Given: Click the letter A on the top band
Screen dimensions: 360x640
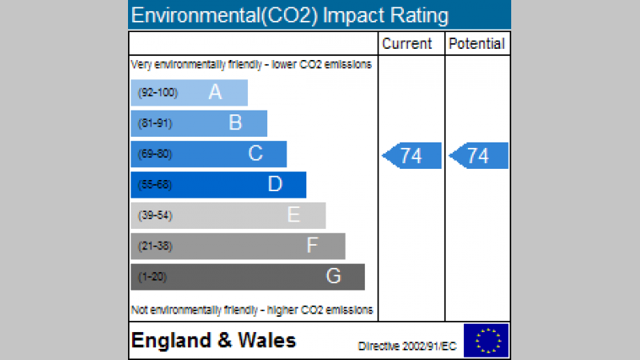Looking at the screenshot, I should (215, 93).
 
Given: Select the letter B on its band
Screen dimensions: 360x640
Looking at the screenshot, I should (235, 123).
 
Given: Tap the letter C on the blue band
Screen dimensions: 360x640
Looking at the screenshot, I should (255, 154).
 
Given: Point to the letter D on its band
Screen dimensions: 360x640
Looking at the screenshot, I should (274, 185).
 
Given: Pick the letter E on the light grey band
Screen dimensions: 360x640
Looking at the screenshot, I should (294, 215).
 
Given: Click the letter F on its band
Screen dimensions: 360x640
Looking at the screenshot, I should (313, 246).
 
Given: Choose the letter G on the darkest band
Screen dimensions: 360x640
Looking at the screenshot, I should (333, 277).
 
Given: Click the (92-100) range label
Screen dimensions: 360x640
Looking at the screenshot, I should (158, 93).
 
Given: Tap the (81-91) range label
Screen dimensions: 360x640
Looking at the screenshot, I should (155, 123).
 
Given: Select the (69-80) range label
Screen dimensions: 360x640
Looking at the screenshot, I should (155, 154).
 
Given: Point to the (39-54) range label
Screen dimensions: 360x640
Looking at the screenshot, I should (155, 215).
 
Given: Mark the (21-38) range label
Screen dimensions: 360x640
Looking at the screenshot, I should (155, 246).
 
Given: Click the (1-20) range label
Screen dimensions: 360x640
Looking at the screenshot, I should (153, 277).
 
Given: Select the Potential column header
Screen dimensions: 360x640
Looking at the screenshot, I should (477, 44).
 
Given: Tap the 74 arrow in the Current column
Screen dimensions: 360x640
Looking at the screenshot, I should (412, 156).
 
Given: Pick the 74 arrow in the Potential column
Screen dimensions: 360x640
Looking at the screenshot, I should (478, 156).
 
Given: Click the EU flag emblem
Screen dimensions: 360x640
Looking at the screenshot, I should (486, 341).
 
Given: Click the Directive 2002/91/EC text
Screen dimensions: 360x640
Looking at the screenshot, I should (407, 346).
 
